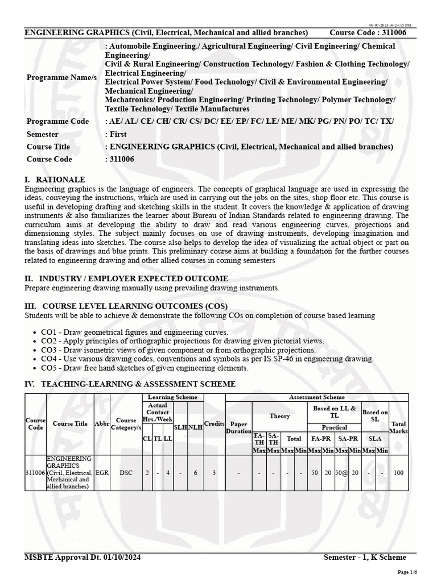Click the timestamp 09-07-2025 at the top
click(x=390, y=26)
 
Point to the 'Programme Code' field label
click(x=57, y=122)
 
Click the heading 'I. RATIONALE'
click(x=55, y=180)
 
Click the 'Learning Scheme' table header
click(x=172, y=397)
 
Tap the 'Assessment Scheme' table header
click(x=317, y=397)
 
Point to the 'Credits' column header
click(x=215, y=424)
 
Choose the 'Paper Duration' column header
click(x=239, y=427)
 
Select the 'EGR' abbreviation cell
click(x=102, y=472)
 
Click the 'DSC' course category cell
click(x=126, y=472)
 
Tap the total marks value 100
click(x=398, y=472)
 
